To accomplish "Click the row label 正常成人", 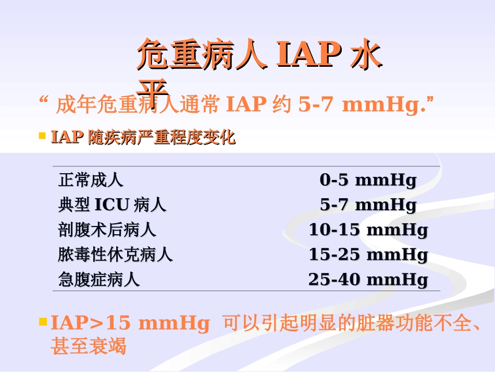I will click(x=91, y=181).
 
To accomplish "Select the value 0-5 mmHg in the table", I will click(x=368, y=181).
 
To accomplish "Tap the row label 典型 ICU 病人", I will click(x=112, y=205).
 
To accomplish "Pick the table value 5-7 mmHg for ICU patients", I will click(x=368, y=205).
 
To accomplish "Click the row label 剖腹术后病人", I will click(x=107, y=230).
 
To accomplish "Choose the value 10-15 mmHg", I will click(x=368, y=230).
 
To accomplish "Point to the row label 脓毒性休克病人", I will click(x=115, y=255).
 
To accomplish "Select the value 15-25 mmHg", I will click(x=368, y=255).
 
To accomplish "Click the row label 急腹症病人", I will click(x=99, y=280).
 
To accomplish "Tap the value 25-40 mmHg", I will click(x=368, y=280).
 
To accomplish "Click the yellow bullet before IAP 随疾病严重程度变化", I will click(x=43, y=136).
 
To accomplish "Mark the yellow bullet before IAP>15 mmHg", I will click(x=43, y=322).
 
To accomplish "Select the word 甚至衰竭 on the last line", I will click(x=89, y=346).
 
